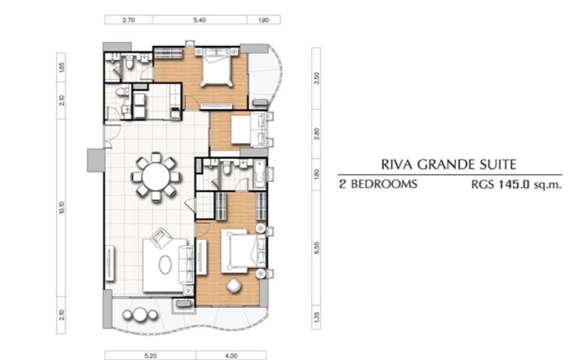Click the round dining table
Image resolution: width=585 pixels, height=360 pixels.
[x=156, y=177]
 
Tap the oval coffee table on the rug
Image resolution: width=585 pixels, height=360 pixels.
[x=165, y=265]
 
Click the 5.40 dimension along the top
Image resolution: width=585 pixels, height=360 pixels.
[x=199, y=20]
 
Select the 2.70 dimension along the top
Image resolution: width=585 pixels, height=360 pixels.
[x=129, y=20]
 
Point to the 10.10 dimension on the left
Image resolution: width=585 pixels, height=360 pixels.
[x=61, y=207]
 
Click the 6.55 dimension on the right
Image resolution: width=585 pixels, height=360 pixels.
[x=317, y=248]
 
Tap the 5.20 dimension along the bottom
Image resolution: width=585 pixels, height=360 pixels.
[x=150, y=356]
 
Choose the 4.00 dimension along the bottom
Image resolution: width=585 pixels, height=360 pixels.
[x=231, y=356]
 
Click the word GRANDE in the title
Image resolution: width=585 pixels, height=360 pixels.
[x=445, y=165]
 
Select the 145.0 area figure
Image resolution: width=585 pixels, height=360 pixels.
[x=514, y=184]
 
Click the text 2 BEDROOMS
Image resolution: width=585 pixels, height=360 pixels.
[x=378, y=184]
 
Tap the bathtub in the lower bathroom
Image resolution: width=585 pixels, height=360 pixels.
[x=260, y=174]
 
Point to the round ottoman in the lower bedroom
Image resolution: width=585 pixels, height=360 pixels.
[x=234, y=285]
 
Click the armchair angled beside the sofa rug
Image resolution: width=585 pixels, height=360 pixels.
[x=161, y=237]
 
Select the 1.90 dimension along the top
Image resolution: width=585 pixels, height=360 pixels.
[x=263, y=20]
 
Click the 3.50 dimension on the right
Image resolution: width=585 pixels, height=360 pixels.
[x=317, y=78]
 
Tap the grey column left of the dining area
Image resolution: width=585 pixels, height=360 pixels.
[x=96, y=161]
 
